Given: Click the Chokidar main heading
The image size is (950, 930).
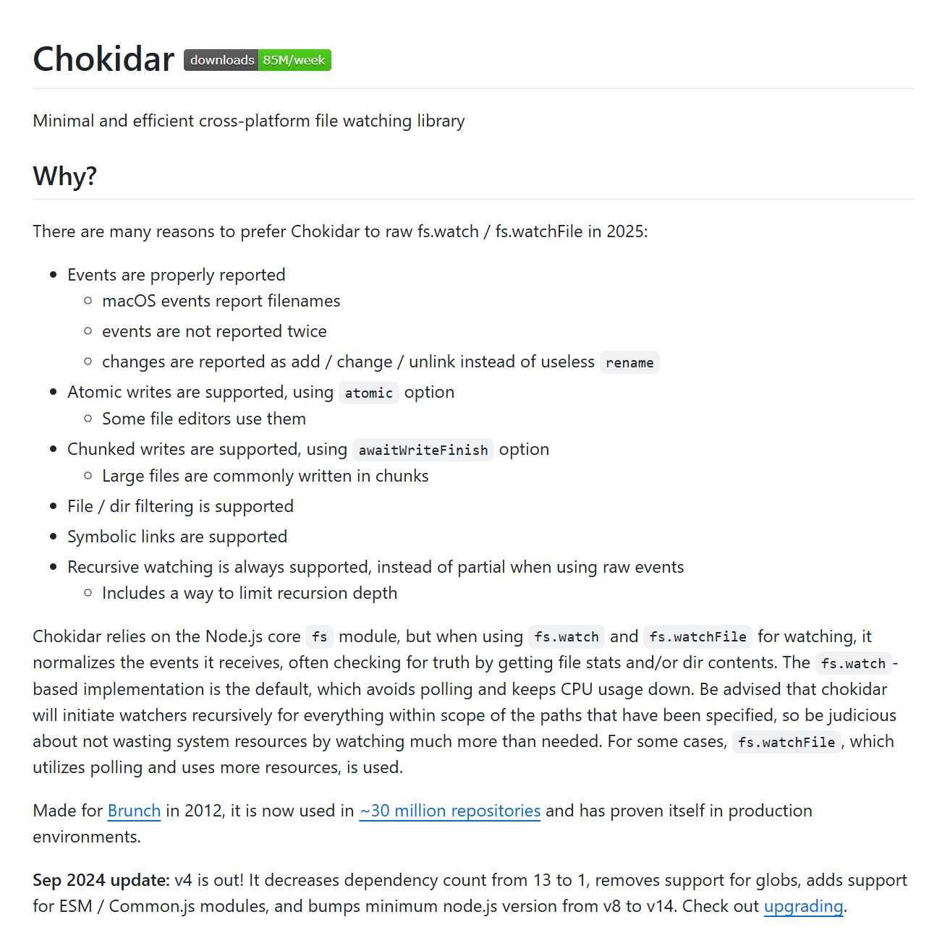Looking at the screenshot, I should coord(103,59).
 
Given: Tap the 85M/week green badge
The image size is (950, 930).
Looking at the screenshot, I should coord(294,60).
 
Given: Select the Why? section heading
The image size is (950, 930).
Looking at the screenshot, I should coord(65,176).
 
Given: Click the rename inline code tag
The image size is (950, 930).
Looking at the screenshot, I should coord(629,362).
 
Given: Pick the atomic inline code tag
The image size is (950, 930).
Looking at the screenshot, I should coord(368,393).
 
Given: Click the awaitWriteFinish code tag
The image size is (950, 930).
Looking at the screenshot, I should coord(423,450).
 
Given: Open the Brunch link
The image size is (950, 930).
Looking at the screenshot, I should coord(134,811).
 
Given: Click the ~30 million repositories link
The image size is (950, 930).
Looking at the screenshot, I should coord(449,811).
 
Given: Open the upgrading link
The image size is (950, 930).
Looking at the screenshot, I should coord(803,906).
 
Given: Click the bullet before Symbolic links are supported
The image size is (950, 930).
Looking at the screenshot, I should coord(54,537).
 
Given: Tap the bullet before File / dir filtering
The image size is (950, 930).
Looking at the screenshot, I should coord(54,506).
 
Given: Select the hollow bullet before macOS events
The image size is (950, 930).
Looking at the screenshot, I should coord(88,301).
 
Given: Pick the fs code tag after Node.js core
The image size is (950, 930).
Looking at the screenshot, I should coord(320,637).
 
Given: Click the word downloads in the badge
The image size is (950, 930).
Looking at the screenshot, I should coord(222,60).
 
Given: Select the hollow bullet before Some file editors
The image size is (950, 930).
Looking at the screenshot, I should coord(88,419).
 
